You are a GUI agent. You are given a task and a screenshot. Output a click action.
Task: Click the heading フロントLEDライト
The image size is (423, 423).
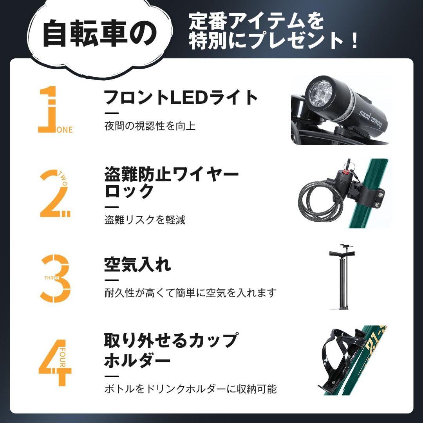click(x=181, y=98)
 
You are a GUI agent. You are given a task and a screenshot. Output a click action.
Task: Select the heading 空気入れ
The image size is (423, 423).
click(x=137, y=265)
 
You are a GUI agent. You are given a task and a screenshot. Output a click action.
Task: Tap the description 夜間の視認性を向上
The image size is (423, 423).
click(x=150, y=126)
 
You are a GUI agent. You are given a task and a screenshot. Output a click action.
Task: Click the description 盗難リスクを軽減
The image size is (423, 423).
click(x=145, y=220)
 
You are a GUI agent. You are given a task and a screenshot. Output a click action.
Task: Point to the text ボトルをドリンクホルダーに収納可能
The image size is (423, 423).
click(x=190, y=389)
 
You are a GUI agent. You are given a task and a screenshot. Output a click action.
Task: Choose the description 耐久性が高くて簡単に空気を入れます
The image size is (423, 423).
click(x=190, y=293)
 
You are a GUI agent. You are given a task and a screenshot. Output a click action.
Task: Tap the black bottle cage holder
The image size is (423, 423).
click(x=337, y=360)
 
